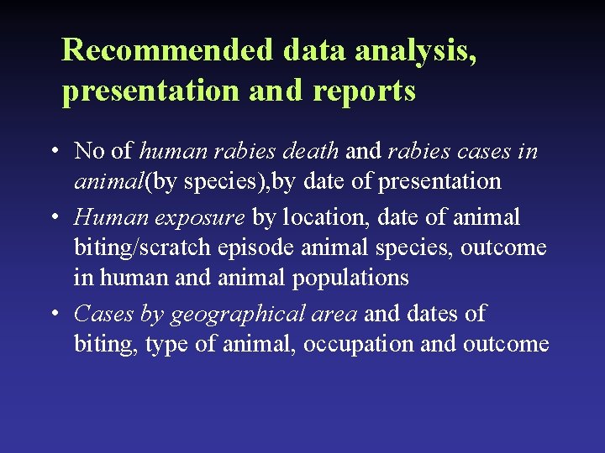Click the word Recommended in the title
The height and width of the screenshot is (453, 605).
(x=168, y=50)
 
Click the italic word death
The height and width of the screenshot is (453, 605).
(x=312, y=151)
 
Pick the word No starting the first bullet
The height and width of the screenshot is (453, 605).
(x=89, y=151)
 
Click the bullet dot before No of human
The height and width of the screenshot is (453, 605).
(x=53, y=152)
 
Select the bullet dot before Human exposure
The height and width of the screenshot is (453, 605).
(x=53, y=218)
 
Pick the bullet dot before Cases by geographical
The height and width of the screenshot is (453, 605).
(x=53, y=314)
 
